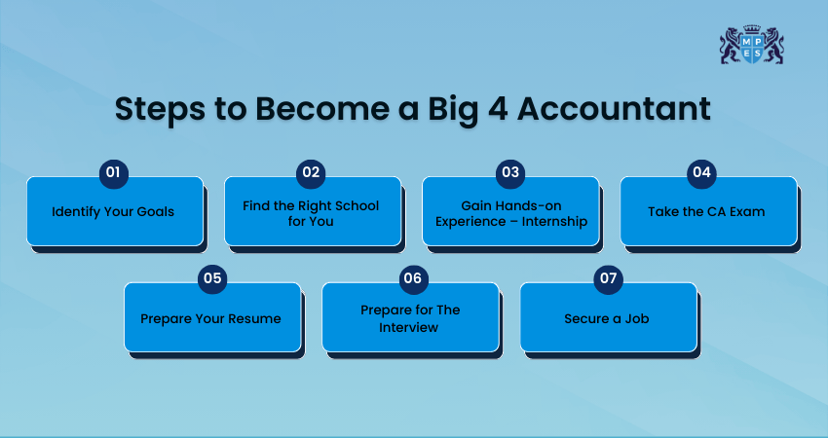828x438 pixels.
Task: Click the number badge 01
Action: (114, 173)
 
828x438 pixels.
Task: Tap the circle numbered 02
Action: (311, 173)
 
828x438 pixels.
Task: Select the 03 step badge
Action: (510, 173)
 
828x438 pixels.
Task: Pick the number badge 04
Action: (701, 173)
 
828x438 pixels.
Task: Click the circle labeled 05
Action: (212, 279)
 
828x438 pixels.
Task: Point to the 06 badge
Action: (413, 279)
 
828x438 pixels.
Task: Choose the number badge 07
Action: (608, 279)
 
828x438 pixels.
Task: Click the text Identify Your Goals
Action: (113, 212)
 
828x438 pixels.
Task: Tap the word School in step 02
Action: (358, 205)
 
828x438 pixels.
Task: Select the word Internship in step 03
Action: (554, 222)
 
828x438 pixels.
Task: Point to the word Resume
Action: (259, 318)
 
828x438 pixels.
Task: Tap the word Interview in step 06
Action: (409, 328)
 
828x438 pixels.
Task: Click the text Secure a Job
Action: (607, 318)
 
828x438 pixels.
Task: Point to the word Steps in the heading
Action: (160, 110)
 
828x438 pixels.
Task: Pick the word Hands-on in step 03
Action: (529, 205)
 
